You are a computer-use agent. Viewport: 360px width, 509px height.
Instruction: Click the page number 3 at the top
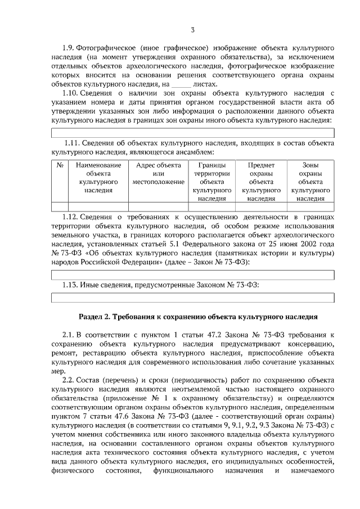tap(192, 30)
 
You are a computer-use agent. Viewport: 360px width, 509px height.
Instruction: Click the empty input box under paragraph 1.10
tap(192, 133)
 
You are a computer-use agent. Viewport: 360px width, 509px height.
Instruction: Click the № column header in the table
tap(59, 165)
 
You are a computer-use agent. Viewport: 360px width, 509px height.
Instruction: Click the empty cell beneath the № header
tap(59, 206)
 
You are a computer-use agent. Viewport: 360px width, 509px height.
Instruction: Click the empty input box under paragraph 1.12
tap(192, 274)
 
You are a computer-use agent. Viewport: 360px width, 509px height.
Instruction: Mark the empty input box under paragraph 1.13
tap(192, 297)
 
